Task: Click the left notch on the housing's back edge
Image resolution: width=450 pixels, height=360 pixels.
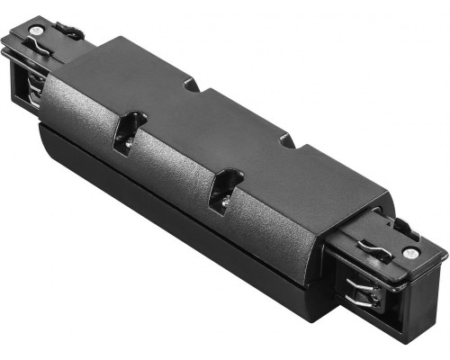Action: pyautogui.click(x=192, y=85)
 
